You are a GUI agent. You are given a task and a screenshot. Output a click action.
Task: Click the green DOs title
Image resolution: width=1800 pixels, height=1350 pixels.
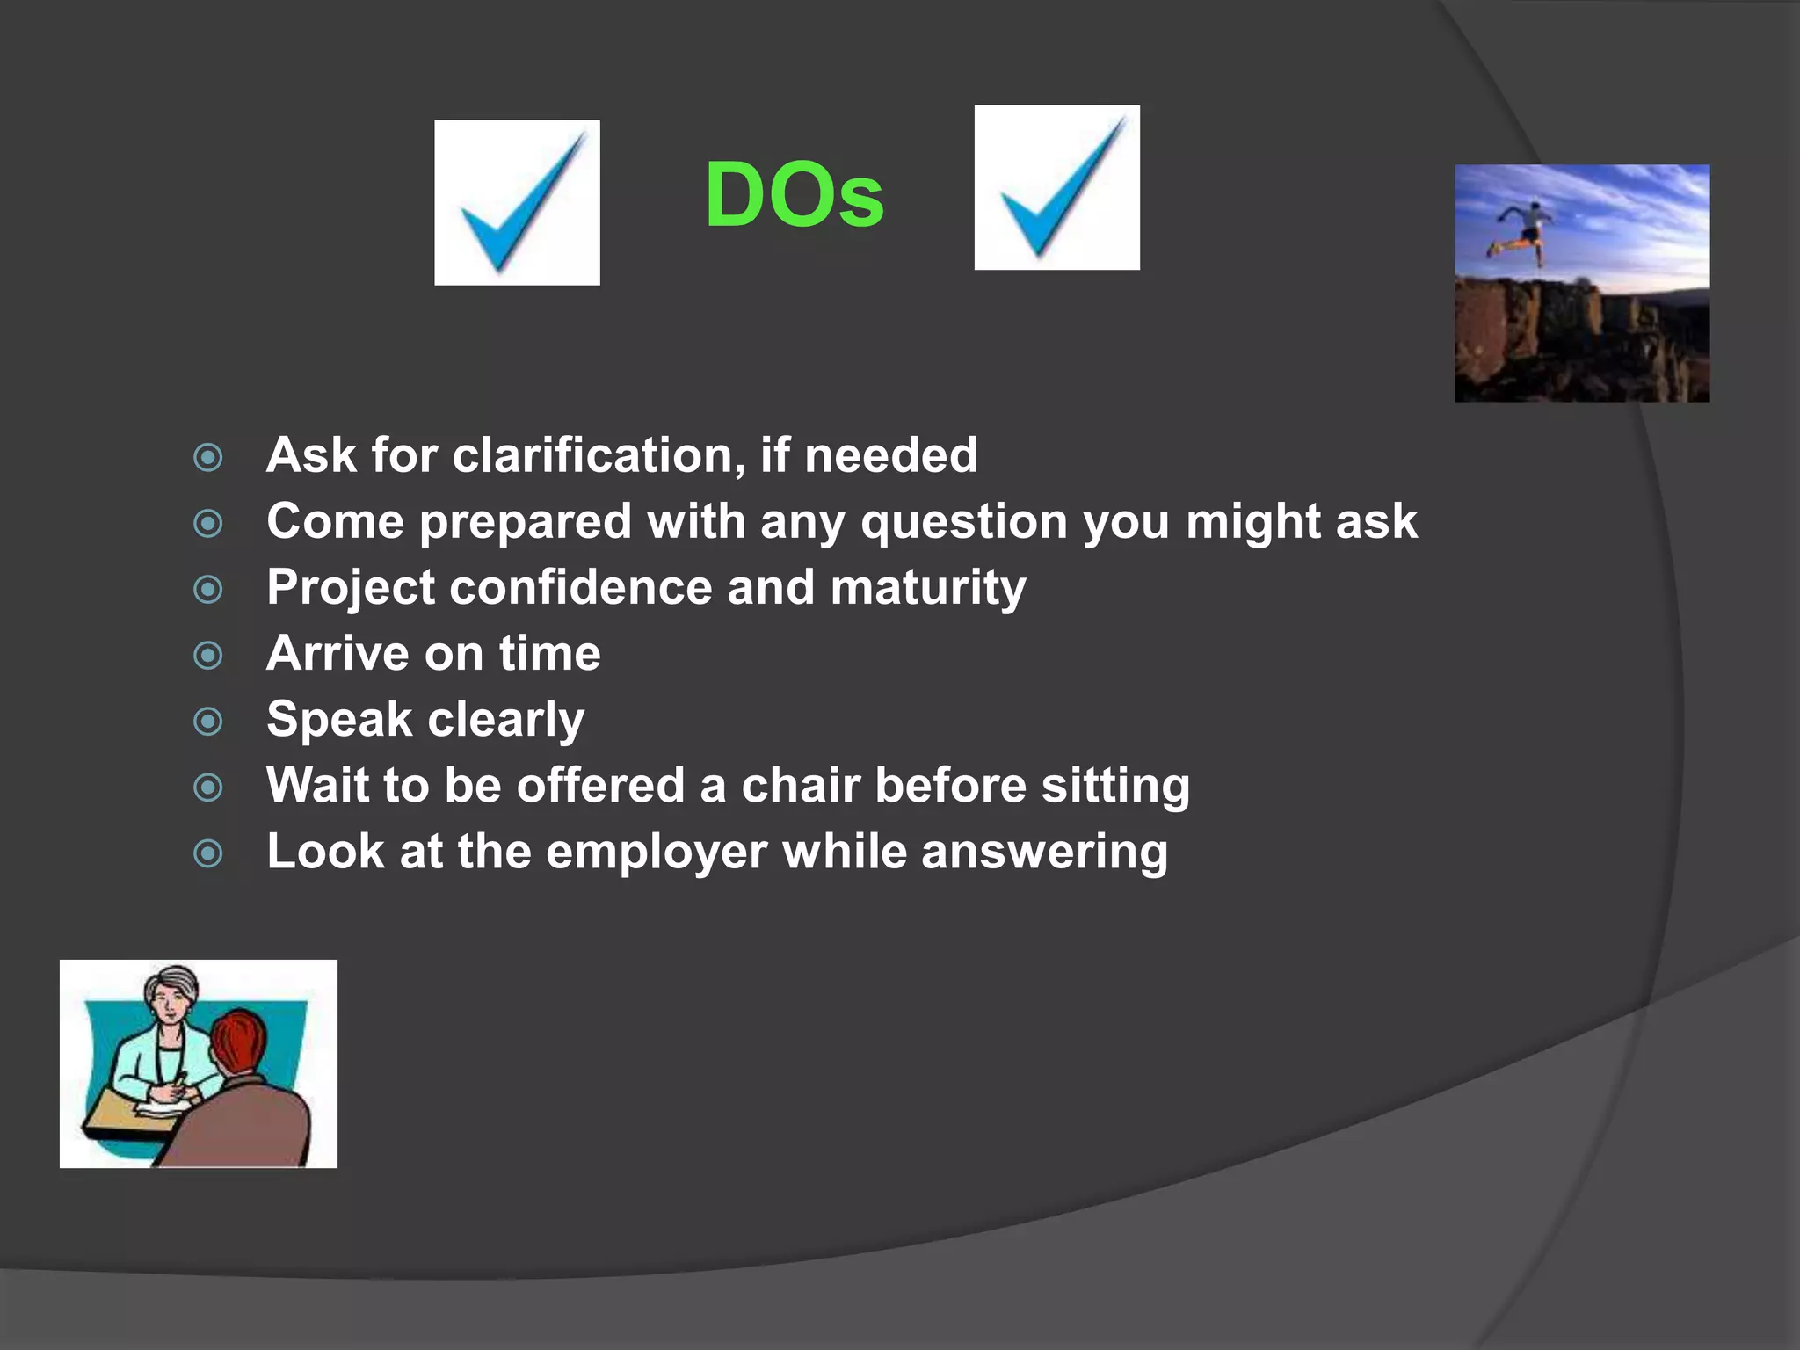(794, 195)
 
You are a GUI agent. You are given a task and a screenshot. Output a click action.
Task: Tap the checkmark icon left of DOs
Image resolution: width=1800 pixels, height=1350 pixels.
(517, 202)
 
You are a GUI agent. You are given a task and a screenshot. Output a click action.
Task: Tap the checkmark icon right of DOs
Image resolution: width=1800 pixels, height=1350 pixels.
(1056, 187)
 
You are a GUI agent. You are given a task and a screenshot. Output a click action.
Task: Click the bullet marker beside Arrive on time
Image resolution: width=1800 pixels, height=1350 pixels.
(208, 655)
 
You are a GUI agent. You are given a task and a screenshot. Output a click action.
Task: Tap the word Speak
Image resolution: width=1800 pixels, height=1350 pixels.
(339, 719)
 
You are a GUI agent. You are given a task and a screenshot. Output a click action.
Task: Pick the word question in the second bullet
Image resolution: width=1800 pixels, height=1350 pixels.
(963, 522)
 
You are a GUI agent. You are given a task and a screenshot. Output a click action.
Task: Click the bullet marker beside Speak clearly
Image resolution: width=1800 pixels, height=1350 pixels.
(208, 722)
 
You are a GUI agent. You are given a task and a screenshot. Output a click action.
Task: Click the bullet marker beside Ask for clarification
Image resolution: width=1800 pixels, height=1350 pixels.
(208, 457)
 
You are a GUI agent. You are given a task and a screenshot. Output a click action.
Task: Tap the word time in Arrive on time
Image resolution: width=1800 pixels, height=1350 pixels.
(550, 654)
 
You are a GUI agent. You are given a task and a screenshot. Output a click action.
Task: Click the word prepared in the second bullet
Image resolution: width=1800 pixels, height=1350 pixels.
(525, 522)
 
